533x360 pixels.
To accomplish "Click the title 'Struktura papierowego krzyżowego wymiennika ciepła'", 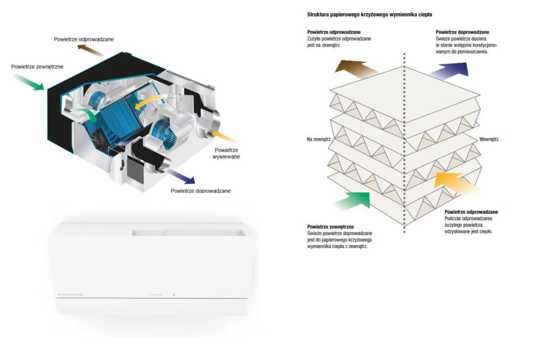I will (x=366, y=15).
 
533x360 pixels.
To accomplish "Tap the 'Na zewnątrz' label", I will (x=318, y=139).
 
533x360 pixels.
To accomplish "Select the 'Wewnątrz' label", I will (x=489, y=139).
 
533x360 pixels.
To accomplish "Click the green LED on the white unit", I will (x=174, y=294).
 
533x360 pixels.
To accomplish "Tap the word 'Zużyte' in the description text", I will (x=314, y=39).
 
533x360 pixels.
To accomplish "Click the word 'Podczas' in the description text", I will (x=453, y=218).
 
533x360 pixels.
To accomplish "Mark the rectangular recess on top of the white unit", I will (x=188, y=231).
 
